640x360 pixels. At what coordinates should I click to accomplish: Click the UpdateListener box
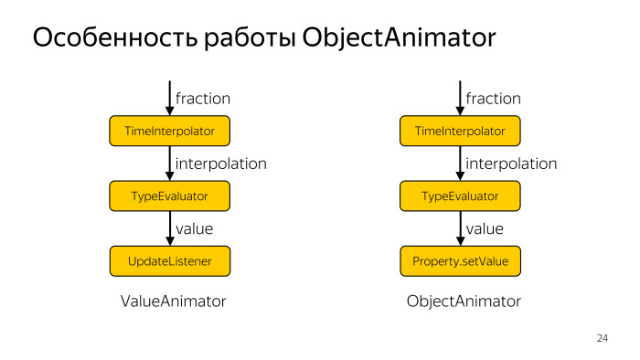tap(169, 261)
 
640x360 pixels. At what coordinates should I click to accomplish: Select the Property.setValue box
tap(460, 261)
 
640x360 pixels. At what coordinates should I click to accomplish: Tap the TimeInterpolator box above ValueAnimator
tap(169, 132)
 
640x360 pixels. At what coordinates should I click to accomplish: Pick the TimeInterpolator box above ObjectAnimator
tap(460, 132)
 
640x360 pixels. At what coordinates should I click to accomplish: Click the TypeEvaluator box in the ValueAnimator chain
tap(169, 196)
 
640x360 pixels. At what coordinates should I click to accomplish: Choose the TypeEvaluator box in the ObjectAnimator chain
tap(460, 196)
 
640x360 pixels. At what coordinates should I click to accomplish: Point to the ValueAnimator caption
tap(173, 302)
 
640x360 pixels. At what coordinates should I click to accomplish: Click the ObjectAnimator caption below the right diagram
tap(464, 302)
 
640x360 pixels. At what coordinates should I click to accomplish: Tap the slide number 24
tap(602, 339)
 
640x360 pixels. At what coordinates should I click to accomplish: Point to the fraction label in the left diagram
tap(202, 99)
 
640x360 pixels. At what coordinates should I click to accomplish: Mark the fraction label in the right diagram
tap(493, 99)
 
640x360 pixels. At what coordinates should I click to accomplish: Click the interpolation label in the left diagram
tap(220, 164)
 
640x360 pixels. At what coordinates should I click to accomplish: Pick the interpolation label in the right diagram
tap(511, 164)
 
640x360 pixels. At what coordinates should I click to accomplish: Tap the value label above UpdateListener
tap(194, 229)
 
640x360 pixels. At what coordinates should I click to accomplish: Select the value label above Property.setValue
tap(485, 229)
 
